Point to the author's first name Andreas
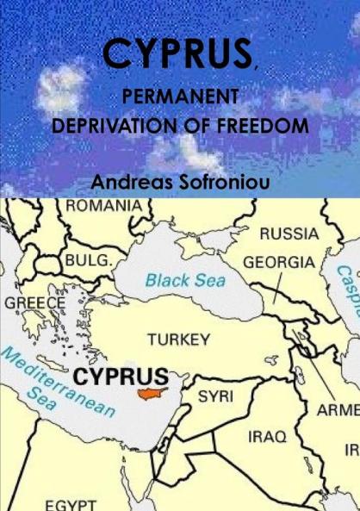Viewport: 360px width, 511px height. click(x=133, y=182)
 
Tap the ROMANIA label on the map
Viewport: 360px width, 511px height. click(x=102, y=206)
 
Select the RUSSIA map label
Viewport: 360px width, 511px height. click(x=289, y=234)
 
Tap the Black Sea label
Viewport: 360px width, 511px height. click(x=184, y=281)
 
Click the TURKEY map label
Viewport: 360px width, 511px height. click(x=178, y=339)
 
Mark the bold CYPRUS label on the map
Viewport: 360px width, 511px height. click(x=120, y=377)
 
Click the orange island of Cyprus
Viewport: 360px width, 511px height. click(x=151, y=393)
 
